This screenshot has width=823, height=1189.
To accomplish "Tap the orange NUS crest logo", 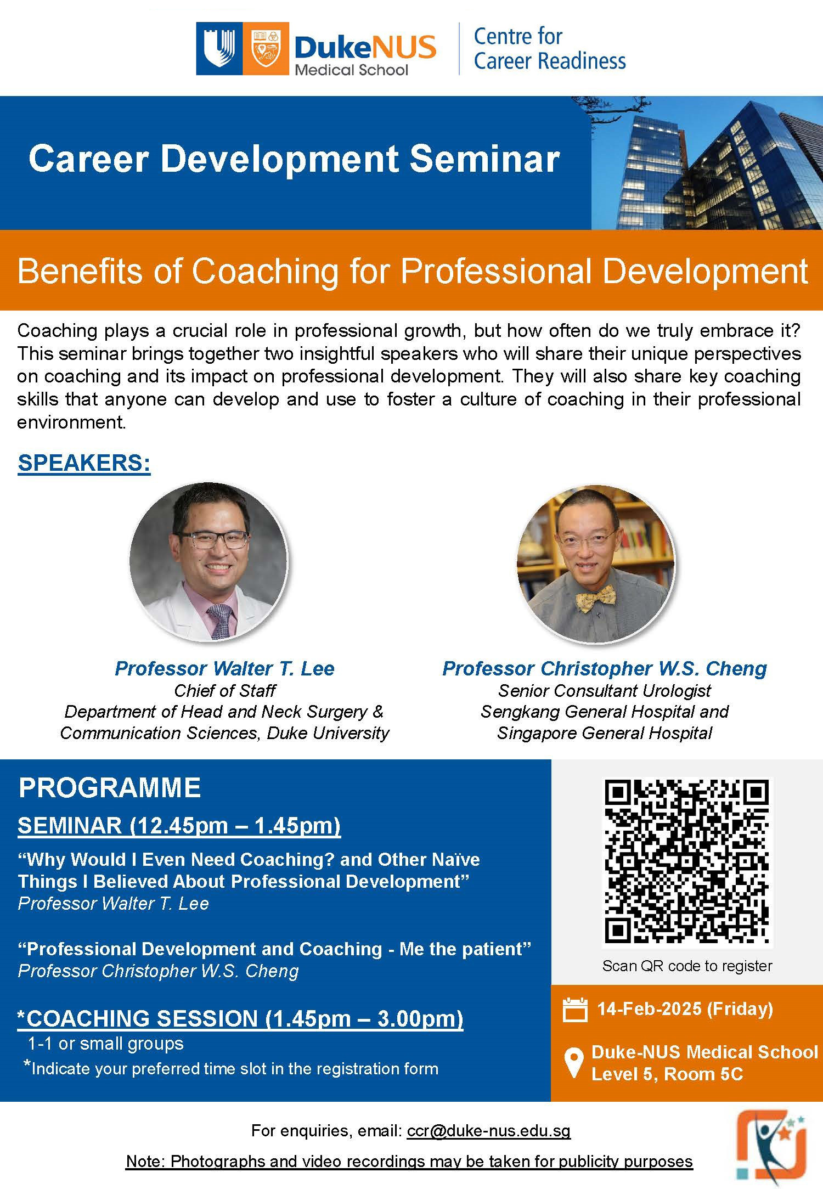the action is pos(266,48).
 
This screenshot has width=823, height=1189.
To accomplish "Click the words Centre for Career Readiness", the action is pos(549,48).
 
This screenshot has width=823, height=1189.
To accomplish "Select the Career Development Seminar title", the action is pos(294,159).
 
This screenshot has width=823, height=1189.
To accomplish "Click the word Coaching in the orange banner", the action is pos(265,271).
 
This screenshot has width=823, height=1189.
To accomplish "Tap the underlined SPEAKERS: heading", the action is pos(84,463).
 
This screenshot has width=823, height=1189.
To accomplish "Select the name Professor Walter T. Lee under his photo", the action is pos(224,668).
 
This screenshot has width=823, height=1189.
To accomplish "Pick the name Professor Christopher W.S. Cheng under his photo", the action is pos(605,668).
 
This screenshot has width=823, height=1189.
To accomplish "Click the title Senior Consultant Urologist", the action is pos(605,690).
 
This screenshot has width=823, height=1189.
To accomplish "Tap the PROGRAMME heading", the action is pos(110,788).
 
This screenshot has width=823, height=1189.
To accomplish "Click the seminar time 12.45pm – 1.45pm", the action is pos(235,825).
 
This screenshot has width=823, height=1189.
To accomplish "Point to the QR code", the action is pos(687,862).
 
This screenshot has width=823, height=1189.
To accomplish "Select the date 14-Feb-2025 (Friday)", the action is pos(685,1008).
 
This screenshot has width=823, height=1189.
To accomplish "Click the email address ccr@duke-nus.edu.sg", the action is pos(489,1130).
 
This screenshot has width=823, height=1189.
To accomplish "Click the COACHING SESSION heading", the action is pos(240,1018).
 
